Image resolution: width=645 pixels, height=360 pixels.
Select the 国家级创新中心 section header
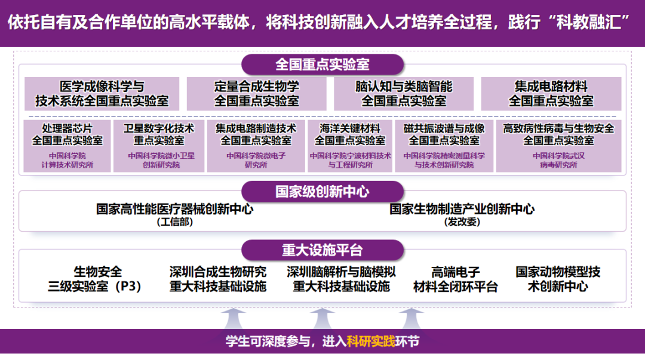coord(322,192)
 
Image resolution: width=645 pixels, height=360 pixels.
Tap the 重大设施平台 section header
coord(322,250)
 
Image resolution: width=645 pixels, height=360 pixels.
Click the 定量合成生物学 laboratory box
coord(257,94)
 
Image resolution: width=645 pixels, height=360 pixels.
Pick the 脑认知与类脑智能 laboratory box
coord(404,94)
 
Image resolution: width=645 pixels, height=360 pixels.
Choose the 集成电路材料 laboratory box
coord(551,94)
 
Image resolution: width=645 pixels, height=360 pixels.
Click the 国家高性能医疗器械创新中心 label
coord(175,210)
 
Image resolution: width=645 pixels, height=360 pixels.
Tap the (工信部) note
coord(175,222)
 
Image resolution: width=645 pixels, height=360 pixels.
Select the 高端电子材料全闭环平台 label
coord(456,279)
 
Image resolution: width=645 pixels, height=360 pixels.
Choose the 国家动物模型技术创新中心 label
coord(558,279)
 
